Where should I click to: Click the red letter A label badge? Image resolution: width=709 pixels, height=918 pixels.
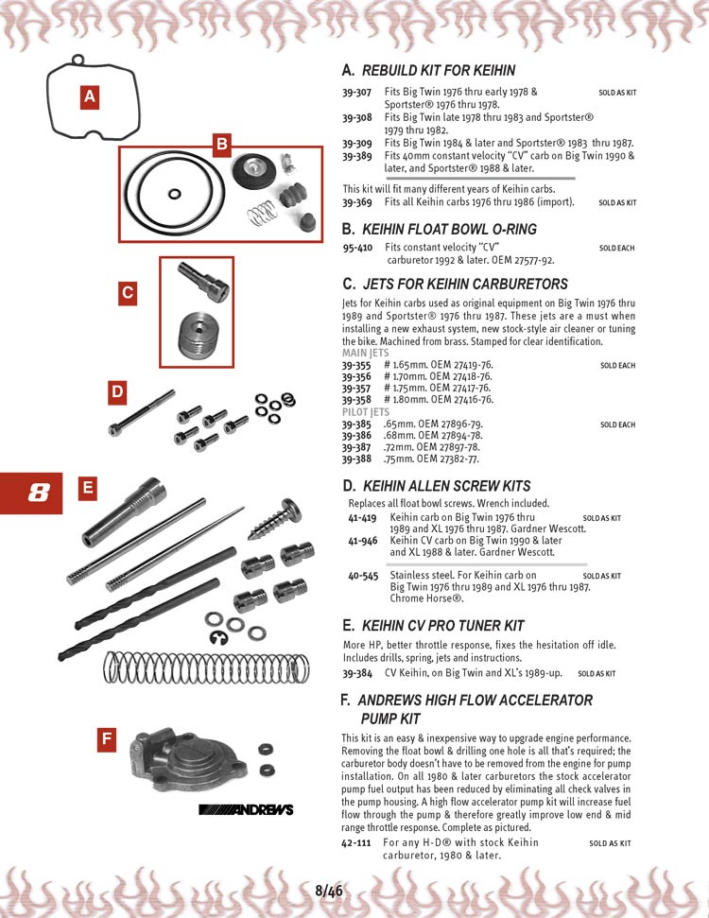coord(89,95)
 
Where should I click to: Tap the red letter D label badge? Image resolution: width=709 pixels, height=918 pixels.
coord(116,391)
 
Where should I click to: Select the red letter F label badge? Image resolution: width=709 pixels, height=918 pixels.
coord(108,739)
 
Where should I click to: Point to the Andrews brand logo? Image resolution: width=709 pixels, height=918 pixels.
coord(246,809)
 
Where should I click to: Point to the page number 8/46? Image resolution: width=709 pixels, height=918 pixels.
coord(328,891)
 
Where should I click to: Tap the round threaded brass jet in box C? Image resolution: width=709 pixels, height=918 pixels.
coord(204,337)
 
